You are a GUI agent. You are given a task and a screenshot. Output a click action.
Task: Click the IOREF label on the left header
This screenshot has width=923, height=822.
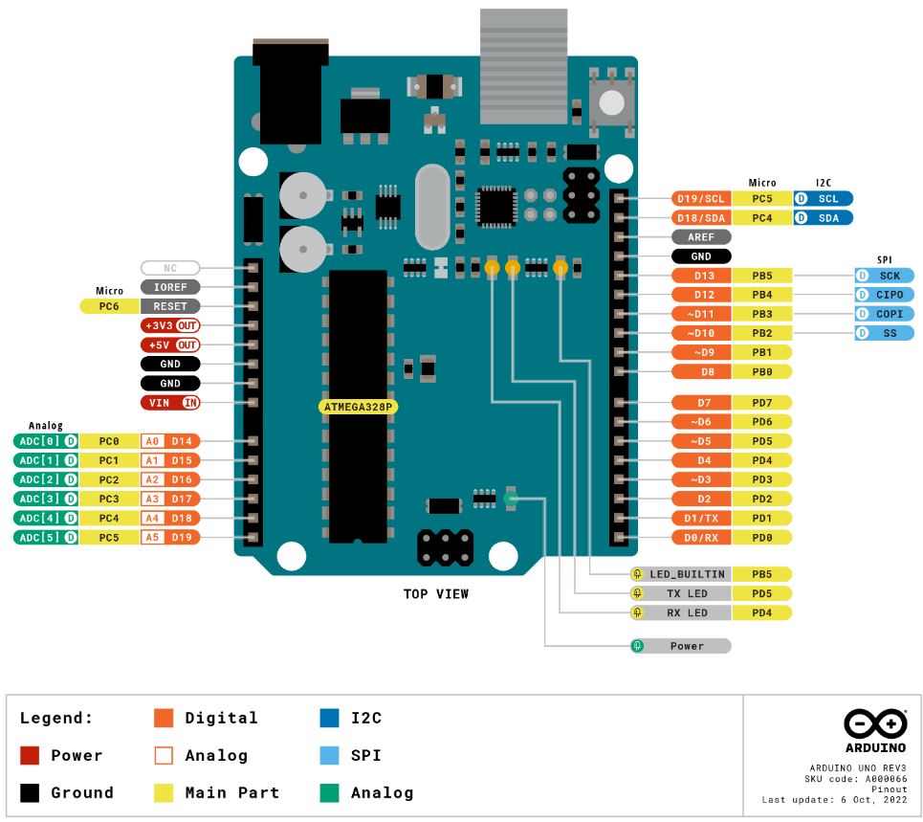point(170,286)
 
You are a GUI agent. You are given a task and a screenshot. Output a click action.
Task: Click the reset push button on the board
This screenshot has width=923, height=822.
point(610,100)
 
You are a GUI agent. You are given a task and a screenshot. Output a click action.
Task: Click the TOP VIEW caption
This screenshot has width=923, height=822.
point(436,594)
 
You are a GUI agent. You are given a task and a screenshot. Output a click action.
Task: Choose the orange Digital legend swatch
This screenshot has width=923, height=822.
point(164,718)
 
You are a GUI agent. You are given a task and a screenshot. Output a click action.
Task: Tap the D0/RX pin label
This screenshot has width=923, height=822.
point(702,537)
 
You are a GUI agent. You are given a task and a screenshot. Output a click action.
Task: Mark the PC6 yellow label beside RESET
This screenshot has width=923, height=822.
point(110,306)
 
